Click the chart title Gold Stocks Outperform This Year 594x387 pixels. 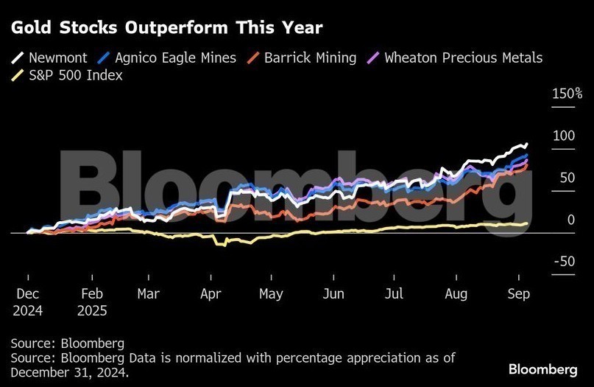pos(166,27)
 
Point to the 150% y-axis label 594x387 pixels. pos(567,94)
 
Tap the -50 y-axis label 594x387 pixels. pos(565,262)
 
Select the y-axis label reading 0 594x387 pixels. pos(571,220)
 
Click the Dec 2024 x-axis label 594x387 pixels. pos(27,302)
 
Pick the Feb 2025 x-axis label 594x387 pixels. pos(92,302)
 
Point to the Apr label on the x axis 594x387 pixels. pos(211,294)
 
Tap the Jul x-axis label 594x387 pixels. pos(395,294)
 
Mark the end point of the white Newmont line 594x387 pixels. pos(526,144)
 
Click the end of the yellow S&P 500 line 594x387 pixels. pos(526,223)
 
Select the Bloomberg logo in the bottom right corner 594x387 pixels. pos(542,369)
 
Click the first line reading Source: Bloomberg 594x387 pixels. pos(68,344)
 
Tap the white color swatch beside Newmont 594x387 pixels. pos(18,57)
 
